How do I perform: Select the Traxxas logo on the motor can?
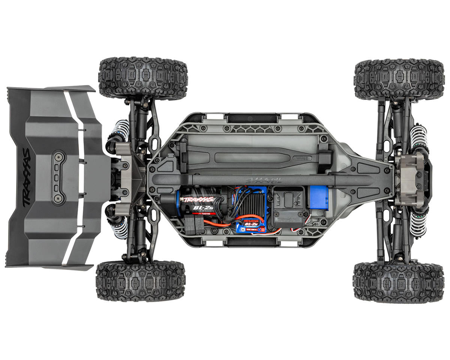click(198, 199)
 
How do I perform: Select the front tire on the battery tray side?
click(399, 79)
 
